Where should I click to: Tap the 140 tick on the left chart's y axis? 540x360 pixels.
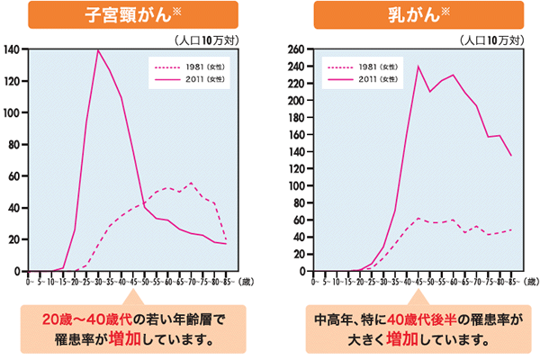tap(14, 49)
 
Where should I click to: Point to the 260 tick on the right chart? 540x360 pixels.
tap(295, 49)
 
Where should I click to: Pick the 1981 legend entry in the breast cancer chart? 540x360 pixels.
tap(360, 67)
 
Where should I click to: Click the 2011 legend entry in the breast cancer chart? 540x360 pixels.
tap(360, 79)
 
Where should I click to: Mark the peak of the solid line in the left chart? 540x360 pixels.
tap(97, 49)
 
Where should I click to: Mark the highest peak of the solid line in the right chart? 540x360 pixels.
tap(418, 66)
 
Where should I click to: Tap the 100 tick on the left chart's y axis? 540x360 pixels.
tap(14, 113)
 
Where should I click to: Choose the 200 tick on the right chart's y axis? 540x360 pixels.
tap(295, 100)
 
